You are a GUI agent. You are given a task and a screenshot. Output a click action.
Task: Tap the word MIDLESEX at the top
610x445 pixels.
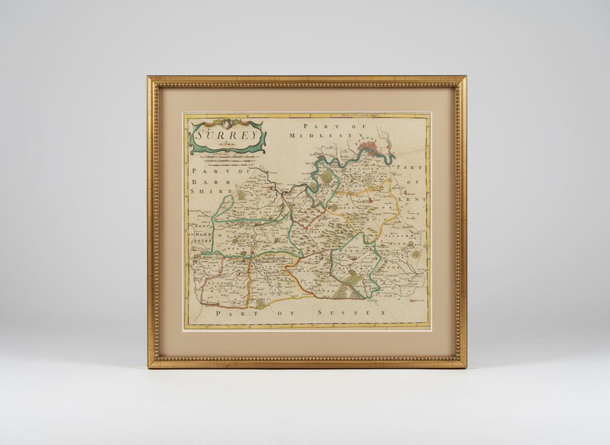[x=314, y=135]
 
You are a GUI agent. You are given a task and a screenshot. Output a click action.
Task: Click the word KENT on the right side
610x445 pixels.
[x=416, y=198]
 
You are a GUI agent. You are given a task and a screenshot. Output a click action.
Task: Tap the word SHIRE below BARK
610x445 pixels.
[x=203, y=191]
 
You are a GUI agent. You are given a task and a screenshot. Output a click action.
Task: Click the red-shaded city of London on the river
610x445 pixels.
[x=369, y=149]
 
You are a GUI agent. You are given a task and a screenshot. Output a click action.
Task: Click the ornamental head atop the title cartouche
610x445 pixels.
[x=227, y=123]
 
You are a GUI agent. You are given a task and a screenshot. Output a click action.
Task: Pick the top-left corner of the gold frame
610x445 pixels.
[x=149, y=78]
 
